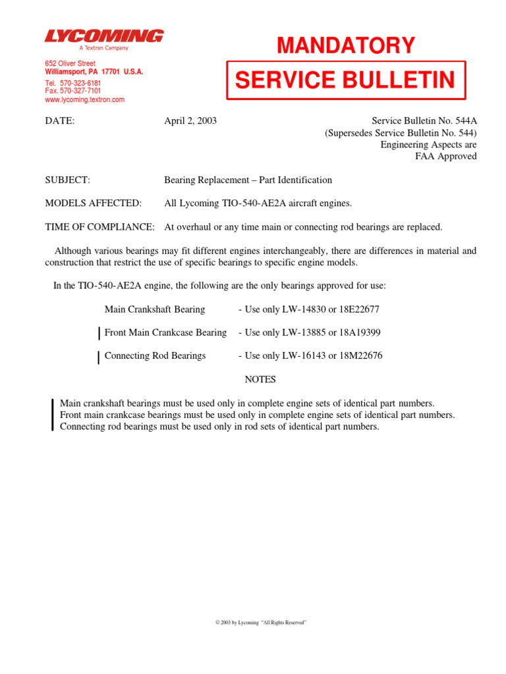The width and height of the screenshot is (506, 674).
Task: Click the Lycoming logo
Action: coord(104,36)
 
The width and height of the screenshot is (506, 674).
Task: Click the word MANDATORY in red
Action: coord(346,45)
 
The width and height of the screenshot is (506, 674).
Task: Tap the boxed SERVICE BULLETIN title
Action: coord(345,80)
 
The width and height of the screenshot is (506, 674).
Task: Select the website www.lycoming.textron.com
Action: coord(84,100)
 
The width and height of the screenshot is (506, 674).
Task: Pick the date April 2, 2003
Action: coord(190,121)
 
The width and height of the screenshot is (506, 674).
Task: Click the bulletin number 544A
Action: coord(463,121)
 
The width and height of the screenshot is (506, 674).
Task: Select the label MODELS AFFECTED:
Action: coord(93,203)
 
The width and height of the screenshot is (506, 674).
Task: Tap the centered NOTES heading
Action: coord(260,380)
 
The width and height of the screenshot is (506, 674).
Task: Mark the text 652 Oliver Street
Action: coord(70,64)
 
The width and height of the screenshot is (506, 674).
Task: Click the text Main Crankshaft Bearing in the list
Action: coord(155,309)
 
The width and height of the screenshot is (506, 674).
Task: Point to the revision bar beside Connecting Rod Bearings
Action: coord(99,357)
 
